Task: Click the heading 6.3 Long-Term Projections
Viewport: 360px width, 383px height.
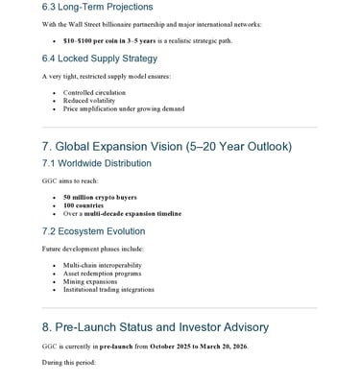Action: coord(97,7)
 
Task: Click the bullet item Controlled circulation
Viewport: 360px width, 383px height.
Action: coord(94,93)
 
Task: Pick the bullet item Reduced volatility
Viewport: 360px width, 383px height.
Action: coord(89,101)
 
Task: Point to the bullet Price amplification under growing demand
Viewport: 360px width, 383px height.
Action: coord(124,108)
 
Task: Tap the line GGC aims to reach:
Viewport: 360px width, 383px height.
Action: coord(69,180)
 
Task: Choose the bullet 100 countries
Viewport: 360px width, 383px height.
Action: coord(84,205)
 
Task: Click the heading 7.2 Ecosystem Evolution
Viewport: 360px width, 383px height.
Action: coord(93,231)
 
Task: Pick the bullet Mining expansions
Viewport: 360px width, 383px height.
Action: coord(89,281)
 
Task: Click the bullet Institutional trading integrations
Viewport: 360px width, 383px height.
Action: coord(108,289)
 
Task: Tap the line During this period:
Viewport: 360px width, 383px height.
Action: coord(68,362)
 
